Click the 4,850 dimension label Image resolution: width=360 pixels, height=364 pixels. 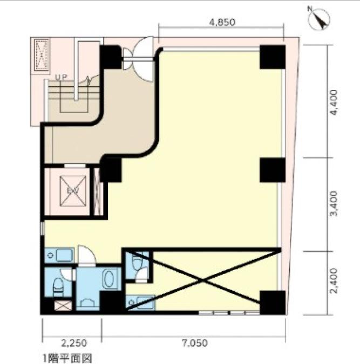tap(222, 22)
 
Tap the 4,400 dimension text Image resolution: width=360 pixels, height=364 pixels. tap(334, 102)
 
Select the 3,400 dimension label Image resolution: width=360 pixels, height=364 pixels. tap(334, 204)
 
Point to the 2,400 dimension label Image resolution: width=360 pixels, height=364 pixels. tap(334, 280)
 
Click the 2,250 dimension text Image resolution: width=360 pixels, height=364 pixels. tap(74, 343)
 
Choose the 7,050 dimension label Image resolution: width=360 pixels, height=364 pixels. tap(194, 343)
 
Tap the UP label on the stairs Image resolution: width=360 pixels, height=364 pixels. tap(62, 77)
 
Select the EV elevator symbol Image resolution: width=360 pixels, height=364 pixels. tap(73, 191)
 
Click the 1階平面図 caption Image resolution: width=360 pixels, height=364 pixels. tap(67, 359)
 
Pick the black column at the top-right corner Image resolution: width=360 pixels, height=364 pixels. tap(273, 57)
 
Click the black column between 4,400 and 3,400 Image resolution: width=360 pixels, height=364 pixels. tap(273, 170)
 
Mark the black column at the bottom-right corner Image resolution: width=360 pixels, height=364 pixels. tap(273, 303)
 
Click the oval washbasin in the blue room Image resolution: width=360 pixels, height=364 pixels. tap(109, 279)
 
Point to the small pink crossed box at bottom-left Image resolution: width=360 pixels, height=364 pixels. tap(63, 306)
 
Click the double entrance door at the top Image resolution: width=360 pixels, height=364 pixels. tap(138, 60)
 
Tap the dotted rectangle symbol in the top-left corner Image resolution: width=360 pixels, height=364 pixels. tap(42, 55)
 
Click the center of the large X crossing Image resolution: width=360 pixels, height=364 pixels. tap(203, 280)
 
